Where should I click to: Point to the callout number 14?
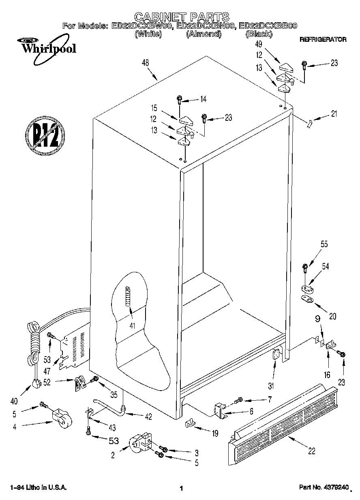[x=203, y=99]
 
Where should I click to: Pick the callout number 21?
[x=334, y=114]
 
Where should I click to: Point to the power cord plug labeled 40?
[x=36, y=382]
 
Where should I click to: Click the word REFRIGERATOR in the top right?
[x=323, y=40]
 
